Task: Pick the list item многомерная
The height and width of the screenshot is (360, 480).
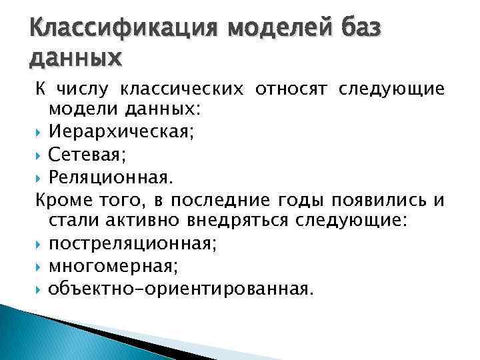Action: tap(112, 266)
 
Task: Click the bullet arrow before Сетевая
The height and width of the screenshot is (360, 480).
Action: tap(39, 156)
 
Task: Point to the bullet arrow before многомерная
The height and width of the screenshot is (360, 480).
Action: tap(39, 267)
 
